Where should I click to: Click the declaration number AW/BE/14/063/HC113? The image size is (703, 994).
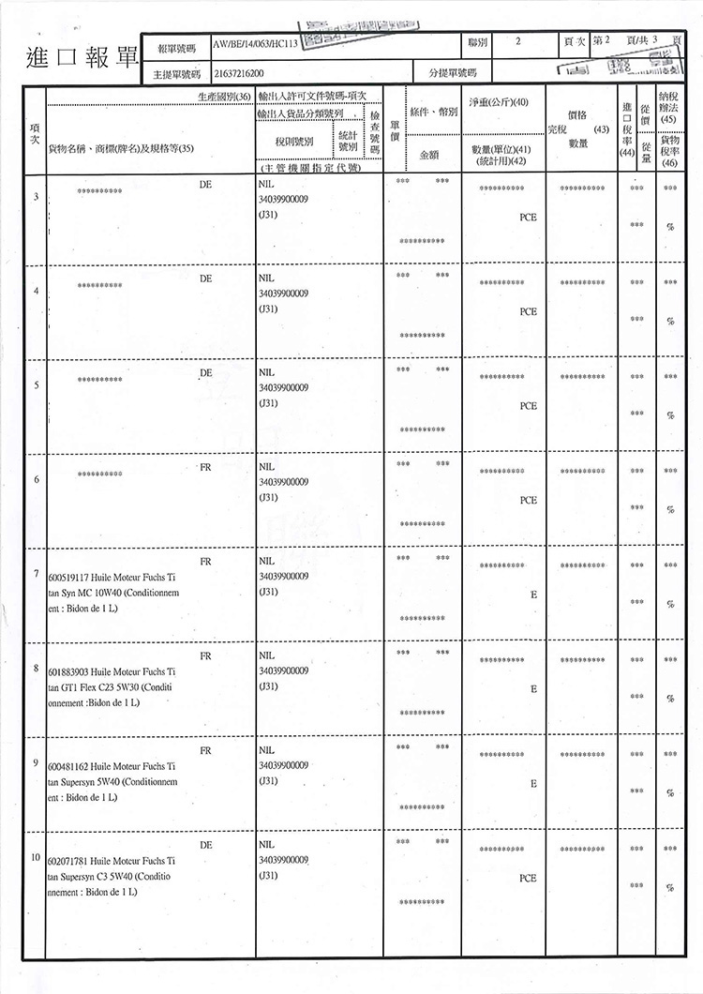pyautogui.click(x=262, y=43)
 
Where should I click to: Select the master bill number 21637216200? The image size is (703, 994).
pyautogui.click(x=241, y=71)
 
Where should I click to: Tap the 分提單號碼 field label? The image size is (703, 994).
pyautogui.click(x=453, y=71)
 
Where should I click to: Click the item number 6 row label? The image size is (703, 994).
pyautogui.click(x=36, y=480)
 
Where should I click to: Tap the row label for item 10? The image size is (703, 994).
pyautogui.click(x=36, y=858)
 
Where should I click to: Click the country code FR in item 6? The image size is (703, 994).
pyautogui.click(x=205, y=467)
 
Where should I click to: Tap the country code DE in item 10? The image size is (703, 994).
pyautogui.click(x=205, y=845)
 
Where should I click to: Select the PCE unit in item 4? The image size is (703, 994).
pyautogui.click(x=528, y=311)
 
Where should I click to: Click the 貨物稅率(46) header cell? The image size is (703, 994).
pyautogui.click(x=669, y=150)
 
